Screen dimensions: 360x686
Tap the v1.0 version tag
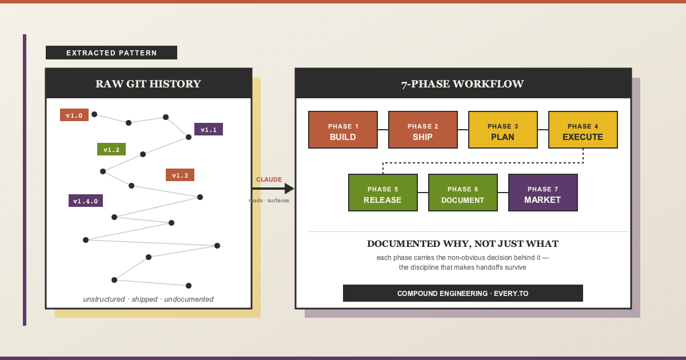click(74, 115)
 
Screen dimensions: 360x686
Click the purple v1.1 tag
click(209, 129)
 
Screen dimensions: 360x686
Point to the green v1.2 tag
click(111, 149)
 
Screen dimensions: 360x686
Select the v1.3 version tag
click(180, 175)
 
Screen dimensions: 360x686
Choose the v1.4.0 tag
click(86, 201)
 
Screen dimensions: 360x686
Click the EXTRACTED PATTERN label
click(111, 53)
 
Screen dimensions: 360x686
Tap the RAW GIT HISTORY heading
click(148, 84)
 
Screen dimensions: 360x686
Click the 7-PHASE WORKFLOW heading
click(462, 84)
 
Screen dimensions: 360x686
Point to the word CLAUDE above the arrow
click(269, 179)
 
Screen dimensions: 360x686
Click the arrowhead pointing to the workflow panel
click(289, 189)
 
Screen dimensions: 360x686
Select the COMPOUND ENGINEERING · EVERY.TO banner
click(462, 293)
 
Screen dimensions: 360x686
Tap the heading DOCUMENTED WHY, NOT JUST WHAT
click(462, 244)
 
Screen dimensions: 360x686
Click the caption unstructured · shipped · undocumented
click(148, 299)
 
